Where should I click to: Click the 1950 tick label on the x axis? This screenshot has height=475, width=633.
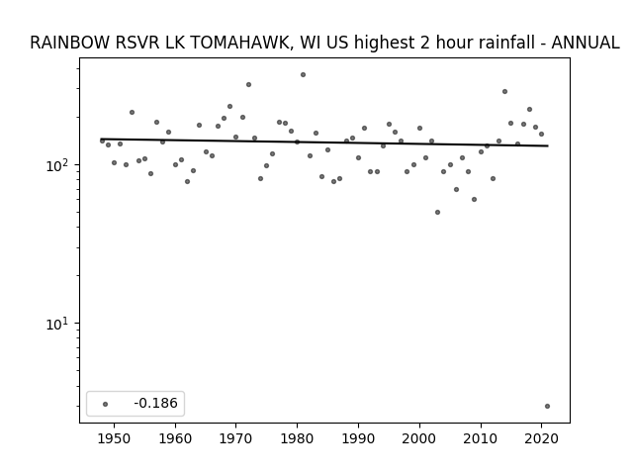[x=115, y=438]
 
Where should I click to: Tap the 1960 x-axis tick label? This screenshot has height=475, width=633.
[x=175, y=438]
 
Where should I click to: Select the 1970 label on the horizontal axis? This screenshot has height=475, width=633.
[x=235, y=438]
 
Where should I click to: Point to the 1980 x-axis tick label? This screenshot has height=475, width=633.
[x=297, y=438]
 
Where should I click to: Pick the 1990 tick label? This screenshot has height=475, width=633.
[x=358, y=438]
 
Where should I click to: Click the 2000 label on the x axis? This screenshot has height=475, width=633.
[x=419, y=438]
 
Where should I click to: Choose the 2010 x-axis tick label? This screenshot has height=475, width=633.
[x=481, y=438]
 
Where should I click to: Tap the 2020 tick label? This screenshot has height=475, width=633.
[x=541, y=438]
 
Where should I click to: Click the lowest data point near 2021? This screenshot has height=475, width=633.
[x=547, y=407]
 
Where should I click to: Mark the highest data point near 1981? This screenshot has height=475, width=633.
[x=304, y=75]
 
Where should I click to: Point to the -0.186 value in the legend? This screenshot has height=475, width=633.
[x=156, y=403]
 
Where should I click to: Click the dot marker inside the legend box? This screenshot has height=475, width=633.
[x=105, y=404]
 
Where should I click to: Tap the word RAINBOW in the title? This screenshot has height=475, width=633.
[x=71, y=43]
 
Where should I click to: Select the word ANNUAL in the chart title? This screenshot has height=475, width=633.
[x=586, y=43]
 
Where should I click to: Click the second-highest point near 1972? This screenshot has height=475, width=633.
[x=248, y=85]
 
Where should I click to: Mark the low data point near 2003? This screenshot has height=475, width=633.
[x=437, y=213]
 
